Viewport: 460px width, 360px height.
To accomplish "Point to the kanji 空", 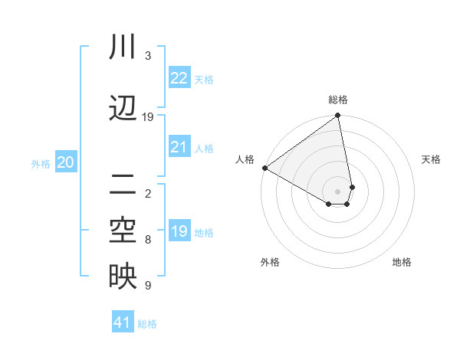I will coord(123,231).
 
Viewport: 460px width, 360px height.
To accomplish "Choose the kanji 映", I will coord(123,277).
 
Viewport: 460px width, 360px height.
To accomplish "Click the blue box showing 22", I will coord(179,78).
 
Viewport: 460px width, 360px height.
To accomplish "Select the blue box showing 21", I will coord(179,147).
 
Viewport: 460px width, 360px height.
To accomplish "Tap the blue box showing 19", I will coord(179,231).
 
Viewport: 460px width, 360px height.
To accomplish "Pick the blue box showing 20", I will coord(66,162).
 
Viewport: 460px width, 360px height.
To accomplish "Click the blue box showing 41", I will coord(123,322).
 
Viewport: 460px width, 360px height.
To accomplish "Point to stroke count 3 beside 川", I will coord(148,56).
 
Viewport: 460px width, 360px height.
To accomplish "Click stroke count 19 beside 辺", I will coord(148,117).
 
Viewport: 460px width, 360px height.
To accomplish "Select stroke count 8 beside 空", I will coord(148,240).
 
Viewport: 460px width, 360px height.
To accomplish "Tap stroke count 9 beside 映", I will coord(148,286).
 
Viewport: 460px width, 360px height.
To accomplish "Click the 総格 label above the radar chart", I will coord(338,100).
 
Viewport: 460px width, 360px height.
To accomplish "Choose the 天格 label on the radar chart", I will coord(431,159).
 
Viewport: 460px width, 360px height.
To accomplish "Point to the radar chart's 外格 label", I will coord(270,262).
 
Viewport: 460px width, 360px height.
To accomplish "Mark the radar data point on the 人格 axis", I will coord(264,168).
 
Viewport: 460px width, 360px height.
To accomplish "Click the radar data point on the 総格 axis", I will coord(338,116).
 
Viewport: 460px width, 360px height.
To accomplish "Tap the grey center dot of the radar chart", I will coord(338,191).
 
